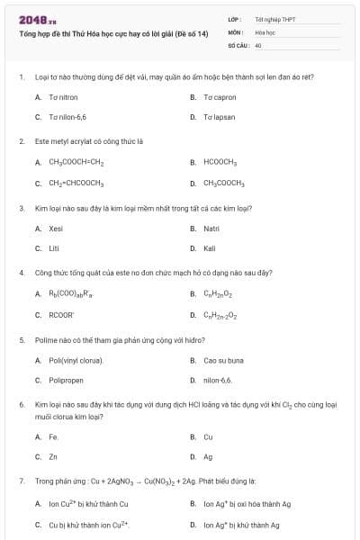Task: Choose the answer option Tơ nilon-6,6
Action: (67, 117)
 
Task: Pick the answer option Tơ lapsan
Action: (220, 117)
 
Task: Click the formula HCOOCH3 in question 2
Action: (220, 163)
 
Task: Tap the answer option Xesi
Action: (56, 229)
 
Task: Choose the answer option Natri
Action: (211, 229)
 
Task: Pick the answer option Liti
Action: (53, 248)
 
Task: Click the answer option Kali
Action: (210, 248)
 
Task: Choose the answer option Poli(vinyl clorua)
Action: (76, 360)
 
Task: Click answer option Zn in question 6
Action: (52, 457)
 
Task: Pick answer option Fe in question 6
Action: (53, 436)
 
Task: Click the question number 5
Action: (21, 340)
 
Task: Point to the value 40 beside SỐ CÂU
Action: (258, 45)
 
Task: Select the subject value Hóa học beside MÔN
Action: (265, 31)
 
